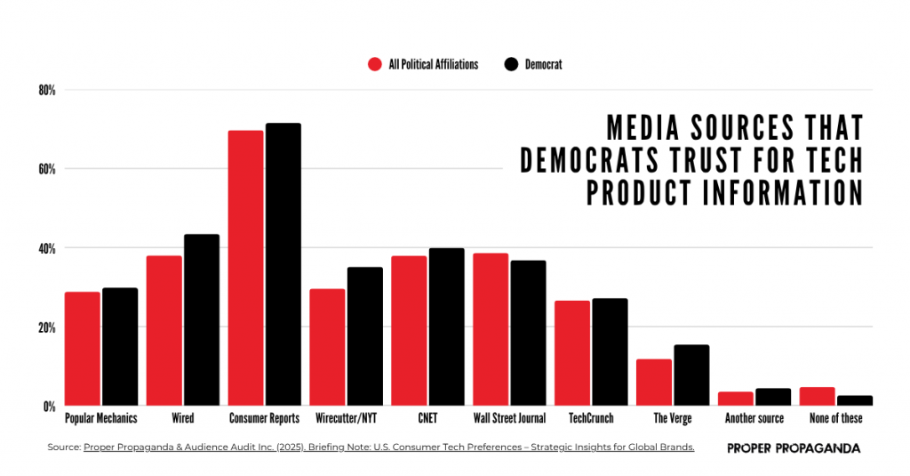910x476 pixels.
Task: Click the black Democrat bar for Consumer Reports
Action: click(283, 264)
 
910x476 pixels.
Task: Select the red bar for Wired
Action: click(164, 331)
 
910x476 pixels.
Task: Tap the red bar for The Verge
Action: click(654, 383)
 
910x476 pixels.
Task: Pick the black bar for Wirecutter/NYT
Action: click(364, 336)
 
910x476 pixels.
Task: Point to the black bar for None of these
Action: click(855, 401)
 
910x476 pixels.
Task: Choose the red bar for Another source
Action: click(736, 399)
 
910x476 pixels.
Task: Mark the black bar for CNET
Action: click(446, 327)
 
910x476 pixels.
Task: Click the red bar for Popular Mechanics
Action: click(82, 349)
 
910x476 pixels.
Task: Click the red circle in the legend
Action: click(374, 64)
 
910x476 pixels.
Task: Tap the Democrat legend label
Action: click(543, 64)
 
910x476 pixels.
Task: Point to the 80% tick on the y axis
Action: click(46, 90)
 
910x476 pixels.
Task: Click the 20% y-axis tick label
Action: click(46, 327)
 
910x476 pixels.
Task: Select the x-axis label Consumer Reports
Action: click(264, 418)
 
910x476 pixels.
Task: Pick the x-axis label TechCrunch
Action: click(591, 418)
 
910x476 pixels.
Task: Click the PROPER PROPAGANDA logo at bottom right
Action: click(793, 448)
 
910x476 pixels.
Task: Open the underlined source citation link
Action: click(388, 448)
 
